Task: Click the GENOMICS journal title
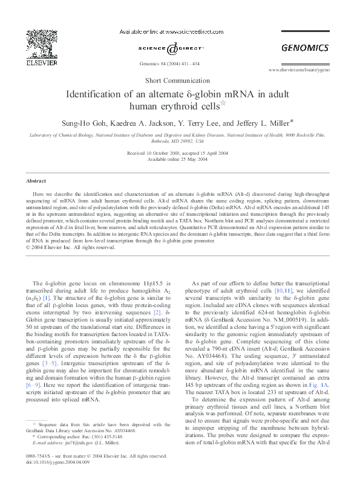[x=304, y=48]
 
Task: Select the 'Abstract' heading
[x=36, y=181]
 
